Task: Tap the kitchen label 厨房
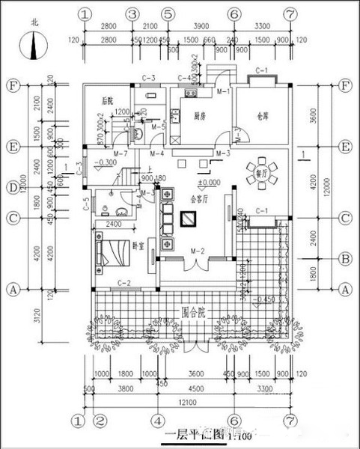point(199,116)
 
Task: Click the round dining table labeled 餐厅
point(261,171)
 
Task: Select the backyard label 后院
point(108,100)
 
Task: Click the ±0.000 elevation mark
point(208,182)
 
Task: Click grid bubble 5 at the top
point(168,14)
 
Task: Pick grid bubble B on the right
point(346,259)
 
